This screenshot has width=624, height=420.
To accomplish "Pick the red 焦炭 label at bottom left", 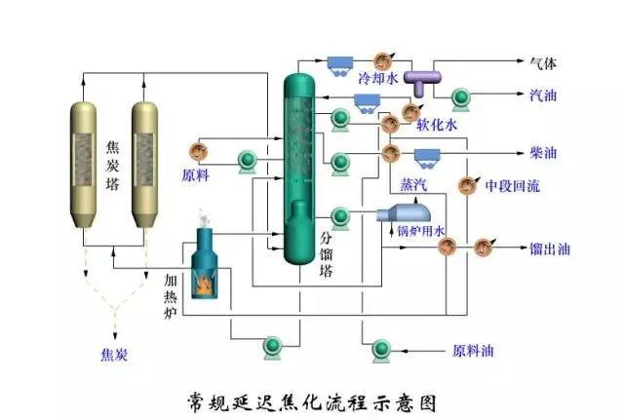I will coord(114,354).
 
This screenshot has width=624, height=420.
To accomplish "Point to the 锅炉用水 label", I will coord(420,231).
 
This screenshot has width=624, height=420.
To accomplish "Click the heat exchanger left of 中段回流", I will coord(467,185).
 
